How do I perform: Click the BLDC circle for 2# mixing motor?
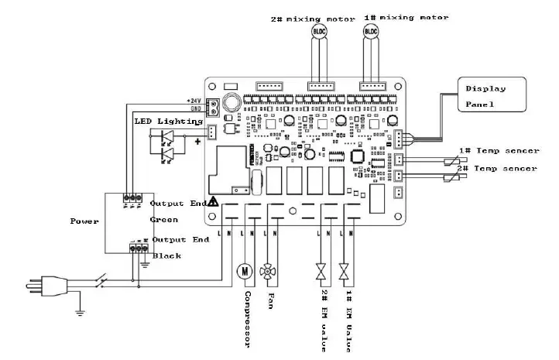pos(319,31)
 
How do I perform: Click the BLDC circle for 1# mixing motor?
pos(372,31)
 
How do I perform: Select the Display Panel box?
pos(489,94)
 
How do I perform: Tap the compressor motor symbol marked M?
pos(244,271)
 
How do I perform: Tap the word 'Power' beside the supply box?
pos(84,221)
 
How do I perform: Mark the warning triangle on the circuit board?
pos(213,201)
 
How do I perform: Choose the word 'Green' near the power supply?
pos(164,220)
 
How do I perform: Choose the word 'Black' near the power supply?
pos(166,255)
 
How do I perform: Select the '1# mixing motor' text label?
pos(405,16)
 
